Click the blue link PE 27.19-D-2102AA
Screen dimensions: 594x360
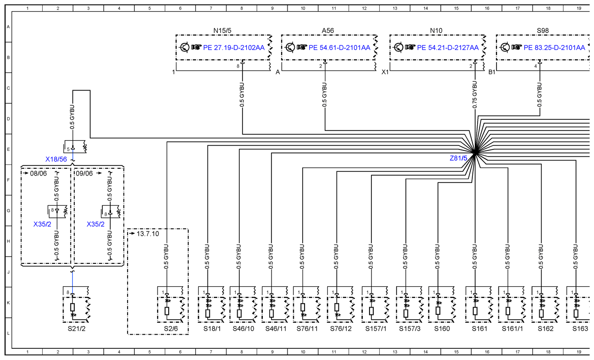234,48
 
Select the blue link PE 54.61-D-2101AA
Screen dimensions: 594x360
339,48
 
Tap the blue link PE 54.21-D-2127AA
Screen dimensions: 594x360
448,48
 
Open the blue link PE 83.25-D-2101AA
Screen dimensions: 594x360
554,48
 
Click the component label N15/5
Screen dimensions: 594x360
222,31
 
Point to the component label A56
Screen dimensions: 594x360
328,31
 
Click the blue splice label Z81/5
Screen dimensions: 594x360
458,158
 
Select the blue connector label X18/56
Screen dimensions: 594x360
56,159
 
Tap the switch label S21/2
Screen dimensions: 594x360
77,328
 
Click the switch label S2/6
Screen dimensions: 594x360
171,328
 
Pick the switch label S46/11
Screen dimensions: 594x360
276,328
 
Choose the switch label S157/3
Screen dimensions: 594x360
410,328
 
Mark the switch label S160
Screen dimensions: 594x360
442,328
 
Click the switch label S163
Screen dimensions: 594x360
580,328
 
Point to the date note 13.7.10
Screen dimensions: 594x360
148,234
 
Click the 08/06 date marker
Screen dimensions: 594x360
38,174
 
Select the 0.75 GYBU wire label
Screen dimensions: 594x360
475,95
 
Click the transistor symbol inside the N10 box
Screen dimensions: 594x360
398,48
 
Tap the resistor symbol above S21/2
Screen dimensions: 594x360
72,308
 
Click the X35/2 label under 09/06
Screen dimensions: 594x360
96,225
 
